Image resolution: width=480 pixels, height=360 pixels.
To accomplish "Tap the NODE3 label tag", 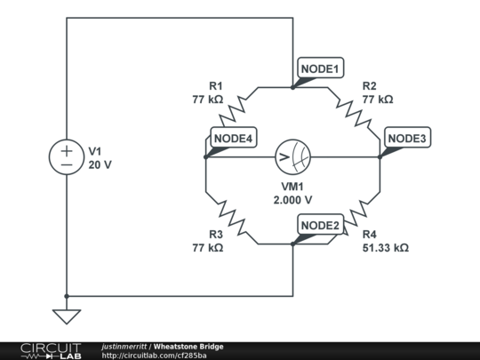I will (408, 138).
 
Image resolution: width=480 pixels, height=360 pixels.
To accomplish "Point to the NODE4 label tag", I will (234, 138).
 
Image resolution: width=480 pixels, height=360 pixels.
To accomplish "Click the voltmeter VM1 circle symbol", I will (292, 157).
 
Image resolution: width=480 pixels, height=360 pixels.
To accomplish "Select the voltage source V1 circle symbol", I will (67, 157).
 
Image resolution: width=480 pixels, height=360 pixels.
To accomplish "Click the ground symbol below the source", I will (67, 315).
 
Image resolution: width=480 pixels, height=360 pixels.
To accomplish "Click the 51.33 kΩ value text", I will (386, 248).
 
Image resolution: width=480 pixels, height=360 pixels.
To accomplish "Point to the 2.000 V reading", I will (292, 200).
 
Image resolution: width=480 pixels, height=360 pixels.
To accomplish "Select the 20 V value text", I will (100, 164).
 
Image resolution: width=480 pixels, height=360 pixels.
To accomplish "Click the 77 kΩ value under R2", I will (377, 100).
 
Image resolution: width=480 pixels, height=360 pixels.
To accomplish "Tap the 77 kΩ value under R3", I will (207, 248).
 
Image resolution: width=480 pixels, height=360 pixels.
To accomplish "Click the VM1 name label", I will (292, 187).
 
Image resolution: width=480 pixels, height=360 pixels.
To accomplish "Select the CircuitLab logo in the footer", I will (50, 350).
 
